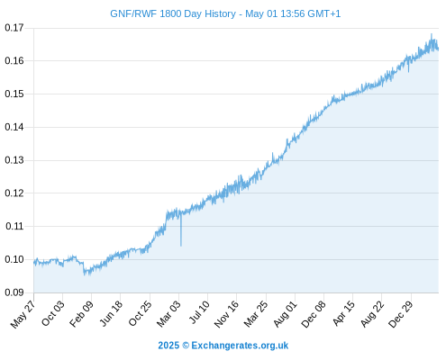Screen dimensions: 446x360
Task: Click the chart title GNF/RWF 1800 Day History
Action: (x=173, y=13)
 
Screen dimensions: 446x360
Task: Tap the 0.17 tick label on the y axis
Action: (x=14, y=28)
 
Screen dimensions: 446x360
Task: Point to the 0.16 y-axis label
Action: (x=14, y=61)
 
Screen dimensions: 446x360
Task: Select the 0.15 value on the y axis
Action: (x=14, y=94)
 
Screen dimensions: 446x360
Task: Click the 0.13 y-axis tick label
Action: (x=14, y=160)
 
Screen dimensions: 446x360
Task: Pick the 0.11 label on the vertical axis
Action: (x=14, y=226)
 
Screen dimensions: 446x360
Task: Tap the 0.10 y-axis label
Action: (x=14, y=259)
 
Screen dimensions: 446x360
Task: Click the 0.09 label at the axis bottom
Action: (x=14, y=292)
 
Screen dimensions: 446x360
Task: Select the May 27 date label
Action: (x=23, y=314)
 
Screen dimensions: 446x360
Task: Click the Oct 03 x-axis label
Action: (x=53, y=313)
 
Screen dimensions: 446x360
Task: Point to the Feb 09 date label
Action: (x=81, y=314)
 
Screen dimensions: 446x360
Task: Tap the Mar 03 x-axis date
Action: (x=168, y=314)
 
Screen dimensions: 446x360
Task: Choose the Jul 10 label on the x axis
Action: (x=199, y=312)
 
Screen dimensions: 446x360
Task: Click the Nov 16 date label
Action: (x=226, y=314)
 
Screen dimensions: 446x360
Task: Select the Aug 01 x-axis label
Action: (x=286, y=314)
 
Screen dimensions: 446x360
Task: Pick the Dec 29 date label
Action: (x=401, y=314)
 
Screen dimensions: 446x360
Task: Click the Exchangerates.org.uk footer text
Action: (x=240, y=346)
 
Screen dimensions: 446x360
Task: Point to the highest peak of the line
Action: (x=432, y=34)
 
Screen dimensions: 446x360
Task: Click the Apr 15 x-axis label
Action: (x=344, y=313)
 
